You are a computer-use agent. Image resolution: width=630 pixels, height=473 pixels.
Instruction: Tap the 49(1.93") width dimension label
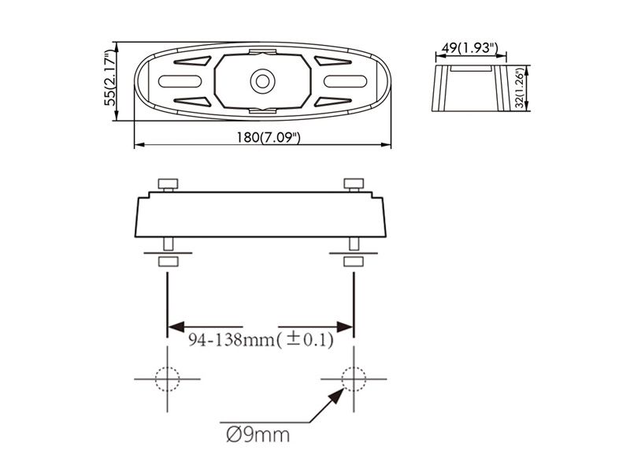pos(469,48)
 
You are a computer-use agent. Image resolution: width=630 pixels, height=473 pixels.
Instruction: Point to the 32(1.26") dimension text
pos(520,89)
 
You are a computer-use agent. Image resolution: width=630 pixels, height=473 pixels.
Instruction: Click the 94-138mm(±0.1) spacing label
pos(261,341)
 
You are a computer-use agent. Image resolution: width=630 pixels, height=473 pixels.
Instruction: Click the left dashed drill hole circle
pos(168,379)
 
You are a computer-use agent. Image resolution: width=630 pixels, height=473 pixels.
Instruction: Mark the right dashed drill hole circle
pos(354,379)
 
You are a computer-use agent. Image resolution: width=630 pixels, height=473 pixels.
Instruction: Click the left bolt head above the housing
pos(168,184)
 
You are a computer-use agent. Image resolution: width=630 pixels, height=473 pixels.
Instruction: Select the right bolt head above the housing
pos(354,184)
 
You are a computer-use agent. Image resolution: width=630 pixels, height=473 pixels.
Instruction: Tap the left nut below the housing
pos(168,261)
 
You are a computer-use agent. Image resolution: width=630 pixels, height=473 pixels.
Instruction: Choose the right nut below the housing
pos(354,261)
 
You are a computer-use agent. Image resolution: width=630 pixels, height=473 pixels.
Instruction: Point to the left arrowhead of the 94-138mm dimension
pos(175,326)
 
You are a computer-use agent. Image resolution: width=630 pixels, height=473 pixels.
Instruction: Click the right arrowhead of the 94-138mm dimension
pos(346,326)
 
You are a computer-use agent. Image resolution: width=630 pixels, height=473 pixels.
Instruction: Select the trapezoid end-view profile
pos(470,88)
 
